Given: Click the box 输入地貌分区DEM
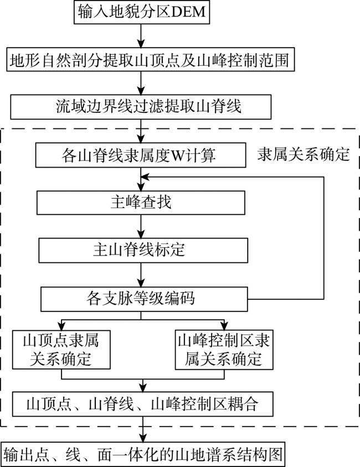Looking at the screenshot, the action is click(142, 12).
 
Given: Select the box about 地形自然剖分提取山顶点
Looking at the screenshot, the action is click(151, 59).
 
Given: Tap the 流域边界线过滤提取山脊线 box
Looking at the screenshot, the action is click(141, 107).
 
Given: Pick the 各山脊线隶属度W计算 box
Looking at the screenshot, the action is click(141, 155).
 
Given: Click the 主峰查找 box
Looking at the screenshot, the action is click(141, 203).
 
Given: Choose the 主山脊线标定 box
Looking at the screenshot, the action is click(143, 250).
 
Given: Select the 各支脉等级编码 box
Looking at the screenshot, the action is click(144, 299).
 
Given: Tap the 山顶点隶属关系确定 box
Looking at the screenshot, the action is click(61, 350).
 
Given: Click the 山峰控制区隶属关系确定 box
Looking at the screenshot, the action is click(224, 350).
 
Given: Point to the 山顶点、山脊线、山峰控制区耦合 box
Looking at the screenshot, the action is click(142, 404).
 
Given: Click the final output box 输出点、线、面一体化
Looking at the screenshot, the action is click(143, 454).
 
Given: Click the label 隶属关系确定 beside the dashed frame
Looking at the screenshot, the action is click(304, 154).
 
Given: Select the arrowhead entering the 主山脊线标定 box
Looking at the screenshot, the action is click(141, 234).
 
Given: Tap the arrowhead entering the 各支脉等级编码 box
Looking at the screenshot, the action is click(141, 283).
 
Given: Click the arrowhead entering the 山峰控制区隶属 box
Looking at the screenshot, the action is click(224, 326).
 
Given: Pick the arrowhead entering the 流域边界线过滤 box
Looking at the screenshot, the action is click(141, 91).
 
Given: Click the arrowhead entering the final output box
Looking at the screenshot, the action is click(143, 438).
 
